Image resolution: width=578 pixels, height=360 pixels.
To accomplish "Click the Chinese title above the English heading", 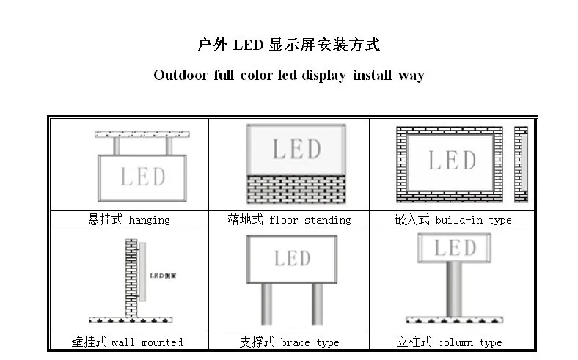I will (x=289, y=45).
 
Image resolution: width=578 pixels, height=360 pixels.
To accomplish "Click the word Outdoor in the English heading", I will (x=180, y=76).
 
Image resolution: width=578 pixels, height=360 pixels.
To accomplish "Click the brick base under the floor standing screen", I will (x=296, y=189).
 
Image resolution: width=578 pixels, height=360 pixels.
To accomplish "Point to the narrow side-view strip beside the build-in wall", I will (x=521, y=164).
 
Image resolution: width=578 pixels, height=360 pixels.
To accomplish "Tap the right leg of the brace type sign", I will (x=318, y=304).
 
